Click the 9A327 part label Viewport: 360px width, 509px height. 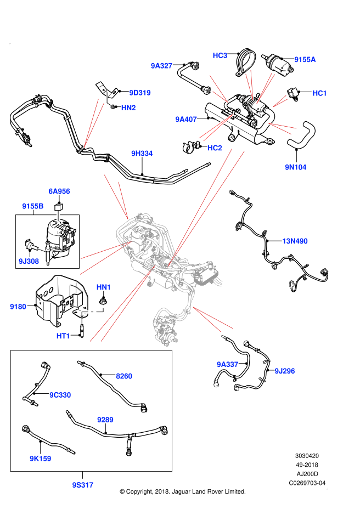click(162, 66)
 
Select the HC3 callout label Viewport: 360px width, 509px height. click(220, 55)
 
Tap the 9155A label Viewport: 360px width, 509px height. click(305, 60)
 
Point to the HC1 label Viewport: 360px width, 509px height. click(320, 93)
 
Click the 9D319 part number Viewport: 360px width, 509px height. click(140, 93)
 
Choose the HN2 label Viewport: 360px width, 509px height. click(128, 108)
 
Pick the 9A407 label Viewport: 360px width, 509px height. click(186, 120)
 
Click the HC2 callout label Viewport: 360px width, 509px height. click(215, 148)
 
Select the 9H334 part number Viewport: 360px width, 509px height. click(142, 154)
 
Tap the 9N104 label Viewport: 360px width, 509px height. click(296, 167)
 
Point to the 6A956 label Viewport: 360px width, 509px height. click(59, 191)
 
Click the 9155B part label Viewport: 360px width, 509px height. click(33, 206)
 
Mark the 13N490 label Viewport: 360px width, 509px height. click(295, 241)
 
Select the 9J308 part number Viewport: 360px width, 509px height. click(29, 262)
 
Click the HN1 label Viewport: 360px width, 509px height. click(104, 287)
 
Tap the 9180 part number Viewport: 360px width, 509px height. click(18, 307)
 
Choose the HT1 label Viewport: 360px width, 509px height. click(63, 336)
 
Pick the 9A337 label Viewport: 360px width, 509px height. click(228, 365)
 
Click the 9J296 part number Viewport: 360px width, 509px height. click(285, 371)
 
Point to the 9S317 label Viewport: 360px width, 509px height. click(83, 485)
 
